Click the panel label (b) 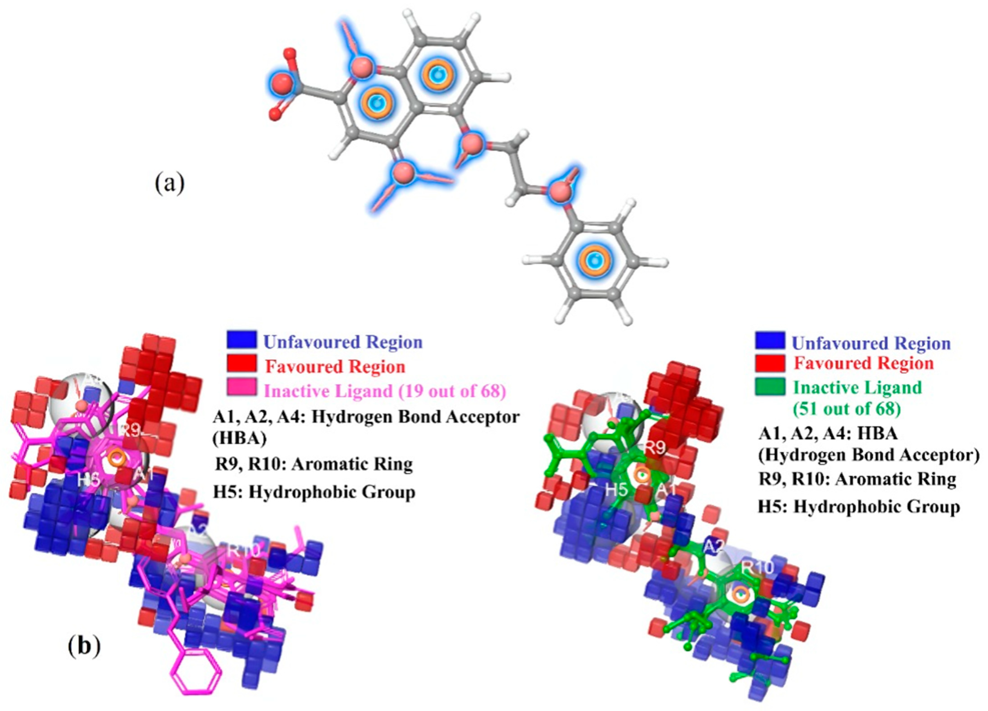[84, 646]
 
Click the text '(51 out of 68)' [846, 408]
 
